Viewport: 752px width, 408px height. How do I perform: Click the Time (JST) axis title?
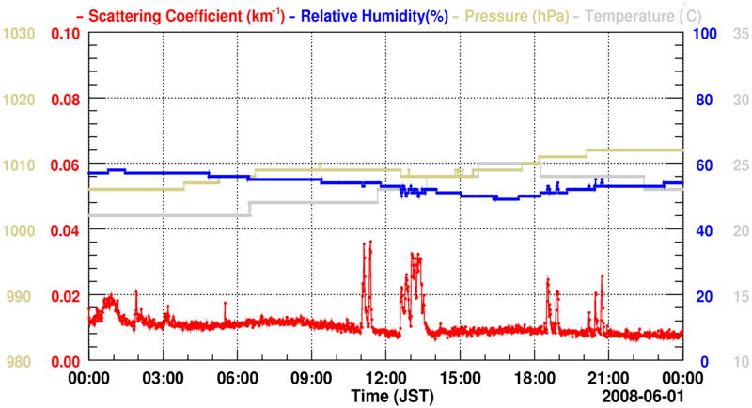point(393,398)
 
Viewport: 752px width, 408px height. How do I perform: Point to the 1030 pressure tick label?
point(19,34)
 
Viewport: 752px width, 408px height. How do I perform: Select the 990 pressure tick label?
point(19,296)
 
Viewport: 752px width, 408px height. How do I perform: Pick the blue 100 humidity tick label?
point(704,34)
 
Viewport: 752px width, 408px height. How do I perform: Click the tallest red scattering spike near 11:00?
point(370,242)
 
